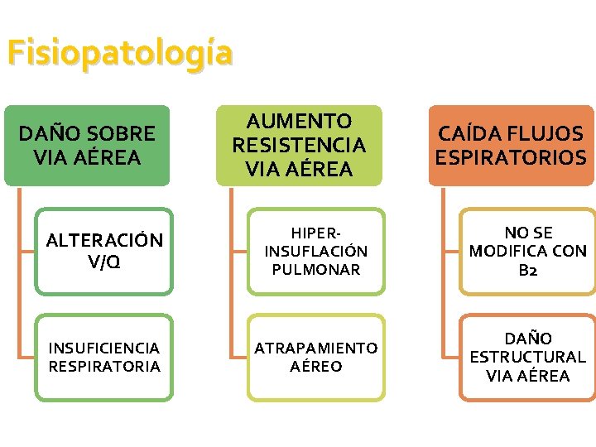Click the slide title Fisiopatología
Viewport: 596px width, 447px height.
pyautogui.click(x=120, y=53)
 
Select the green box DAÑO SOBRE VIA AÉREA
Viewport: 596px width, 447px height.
pyautogui.click(x=87, y=145)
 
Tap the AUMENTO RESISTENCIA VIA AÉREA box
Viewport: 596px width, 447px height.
pyautogui.click(x=299, y=145)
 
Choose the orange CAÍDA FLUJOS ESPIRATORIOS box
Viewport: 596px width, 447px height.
pyautogui.click(x=511, y=145)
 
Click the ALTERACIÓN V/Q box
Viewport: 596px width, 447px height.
pyautogui.click(x=104, y=251)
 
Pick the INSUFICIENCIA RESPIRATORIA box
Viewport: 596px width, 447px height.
pyautogui.click(x=104, y=357)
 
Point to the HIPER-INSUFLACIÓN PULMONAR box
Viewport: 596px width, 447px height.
pyautogui.click(x=315, y=251)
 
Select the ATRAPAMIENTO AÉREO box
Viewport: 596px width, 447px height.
pyautogui.click(x=315, y=357)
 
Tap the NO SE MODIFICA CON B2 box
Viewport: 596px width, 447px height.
pyautogui.click(x=527, y=251)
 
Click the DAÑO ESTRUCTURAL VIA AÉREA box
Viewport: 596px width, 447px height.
pyautogui.click(x=527, y=357)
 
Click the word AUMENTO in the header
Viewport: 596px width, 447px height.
pyautogui.click(x=299, y=122)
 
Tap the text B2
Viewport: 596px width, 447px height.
pyautogui.click(x=527, y=270)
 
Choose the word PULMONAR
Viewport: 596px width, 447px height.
pyautogui.click(x=315, y=270)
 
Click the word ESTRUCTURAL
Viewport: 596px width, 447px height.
pyautogui.click(x=527, y=357)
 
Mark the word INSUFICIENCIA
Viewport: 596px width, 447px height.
pyautogui.click(x=104, y=348)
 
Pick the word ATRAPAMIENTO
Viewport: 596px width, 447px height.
pyautogui.click(x=315, y=348)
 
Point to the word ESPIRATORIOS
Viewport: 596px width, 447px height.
pyautogui.click(x=511, y=157)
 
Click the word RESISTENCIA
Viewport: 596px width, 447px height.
pyautogui.click(x=299, y=146)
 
